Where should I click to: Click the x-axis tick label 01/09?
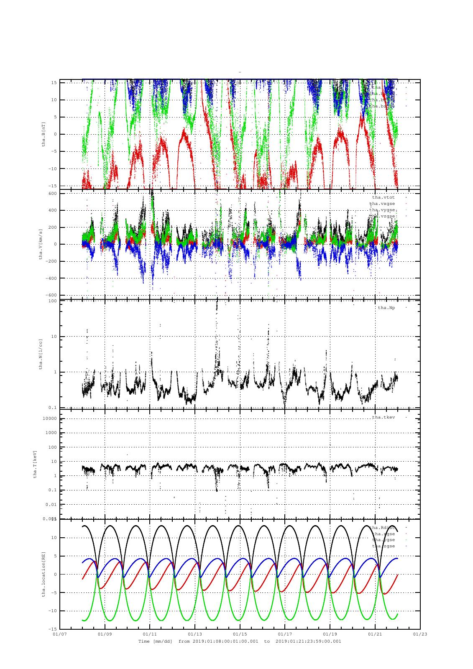(105, 634)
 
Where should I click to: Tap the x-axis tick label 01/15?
(240, 634)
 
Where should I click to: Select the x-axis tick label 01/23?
(420, 634)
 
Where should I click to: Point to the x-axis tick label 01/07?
(60, 634)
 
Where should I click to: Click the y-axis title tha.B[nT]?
(43, 134)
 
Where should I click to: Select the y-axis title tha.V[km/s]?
(41, 244)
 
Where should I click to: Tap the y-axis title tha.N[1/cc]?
(41, 354)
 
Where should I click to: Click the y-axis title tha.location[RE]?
(43, 574)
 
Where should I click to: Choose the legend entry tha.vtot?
(383, 197)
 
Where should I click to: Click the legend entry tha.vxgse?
(382, 203)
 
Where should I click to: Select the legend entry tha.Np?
(386, 308)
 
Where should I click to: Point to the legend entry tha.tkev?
(383, 417)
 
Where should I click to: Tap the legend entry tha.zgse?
(383, 546)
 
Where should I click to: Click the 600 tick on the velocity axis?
(52, 193)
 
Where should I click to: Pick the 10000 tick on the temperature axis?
(49, 419)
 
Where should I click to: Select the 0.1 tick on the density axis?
(53, 408)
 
